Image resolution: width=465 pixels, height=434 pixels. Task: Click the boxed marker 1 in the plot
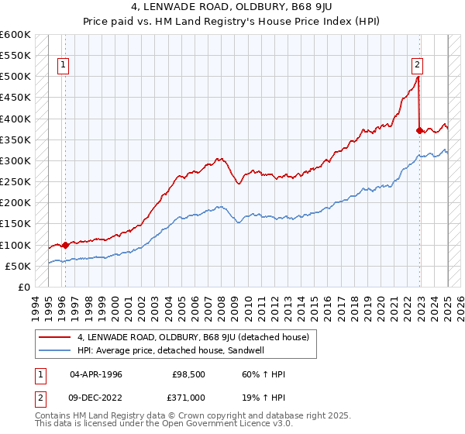click(x=63, y=66)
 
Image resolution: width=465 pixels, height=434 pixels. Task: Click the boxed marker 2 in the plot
click(x=417, y=66)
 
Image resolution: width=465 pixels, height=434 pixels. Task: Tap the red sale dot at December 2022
click(x=420, y=130)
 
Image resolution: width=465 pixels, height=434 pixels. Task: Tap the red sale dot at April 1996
click(x=65, y=245)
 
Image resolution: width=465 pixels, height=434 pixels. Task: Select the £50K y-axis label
click(x=18, y=266)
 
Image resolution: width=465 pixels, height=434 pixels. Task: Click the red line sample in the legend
click(x=55, y=337)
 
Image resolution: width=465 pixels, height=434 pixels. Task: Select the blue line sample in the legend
click(x=55, y=350)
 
